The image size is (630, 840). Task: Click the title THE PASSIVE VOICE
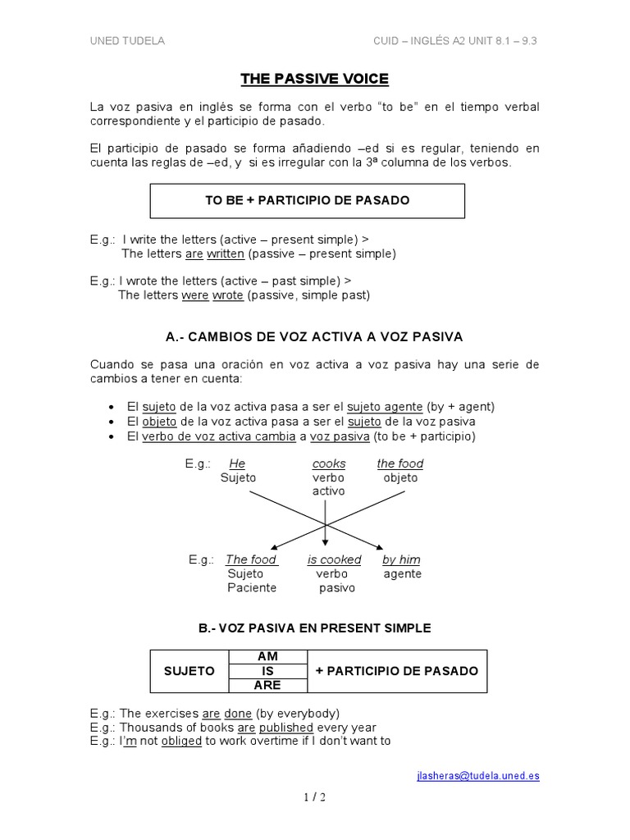tap(314, 80)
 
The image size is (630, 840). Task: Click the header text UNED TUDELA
tap(126, 41)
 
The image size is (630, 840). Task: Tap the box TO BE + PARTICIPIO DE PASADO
tap(307, 200)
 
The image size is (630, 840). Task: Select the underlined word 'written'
tap(225, 253)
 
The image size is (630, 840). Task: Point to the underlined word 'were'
tap(195, 294)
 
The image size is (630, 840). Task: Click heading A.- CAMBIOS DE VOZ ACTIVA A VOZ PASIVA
tap(314, 336)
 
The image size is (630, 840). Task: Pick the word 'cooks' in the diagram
tap(329, 463)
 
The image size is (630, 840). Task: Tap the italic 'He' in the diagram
tap(237, 463)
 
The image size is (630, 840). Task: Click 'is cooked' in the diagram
tap(334, 559)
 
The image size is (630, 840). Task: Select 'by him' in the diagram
tap(401, 559)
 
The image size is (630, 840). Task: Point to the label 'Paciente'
tap(252, 587)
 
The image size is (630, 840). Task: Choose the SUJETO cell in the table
tap(189, 671)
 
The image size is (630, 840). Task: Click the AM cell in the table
tap(268, 657)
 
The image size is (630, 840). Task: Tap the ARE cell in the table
tap(268, 685)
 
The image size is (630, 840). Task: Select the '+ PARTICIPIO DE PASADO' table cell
tap(396, 671)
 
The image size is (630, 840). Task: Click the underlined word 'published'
tap(286, 727)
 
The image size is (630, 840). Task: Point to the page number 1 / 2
tap(315, 797)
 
